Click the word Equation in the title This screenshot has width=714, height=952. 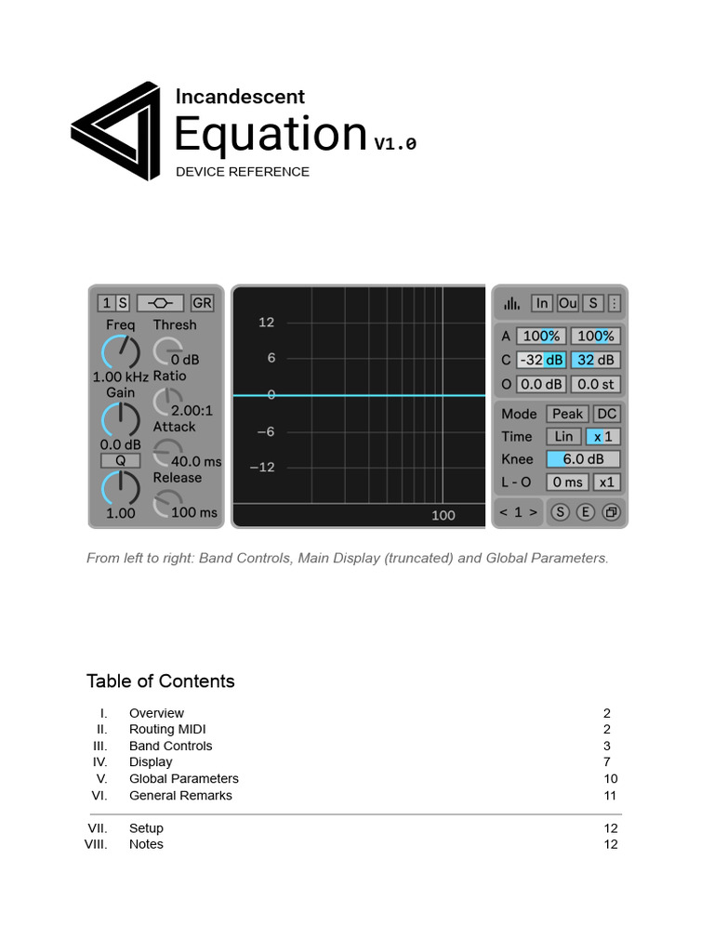pyautogui.click(x=271, y=134)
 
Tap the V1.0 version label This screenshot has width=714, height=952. pyautogui.click(x=395, y=143)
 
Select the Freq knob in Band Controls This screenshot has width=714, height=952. pyautogui.click(x=120, y=352)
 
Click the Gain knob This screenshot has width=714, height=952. pyautogui.click(x=120, y=419)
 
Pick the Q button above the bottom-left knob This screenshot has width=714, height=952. pyautogui.click(x=120, y=460)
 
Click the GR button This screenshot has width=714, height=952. pyautogui.click(x=202, y=303)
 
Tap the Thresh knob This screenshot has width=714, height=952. pyautogui.click(x=167, y=350)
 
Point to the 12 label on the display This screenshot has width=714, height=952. pyautogui.click(x=267, y=323)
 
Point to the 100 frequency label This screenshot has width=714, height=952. pyautogui.click(x=443, y=515)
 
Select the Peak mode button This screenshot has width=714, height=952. pyautogui.click(x=567, y=414)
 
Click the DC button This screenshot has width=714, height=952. pyautogui.click(x=606, y=414)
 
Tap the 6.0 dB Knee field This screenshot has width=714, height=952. pyautogui.click(x=583, y=459)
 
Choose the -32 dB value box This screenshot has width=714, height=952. pyautogui.click(x=541, y=360)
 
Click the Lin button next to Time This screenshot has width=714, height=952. pyautogui.click(x=563, y=436)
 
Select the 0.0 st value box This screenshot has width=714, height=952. pyautogui.click(x=595, y=384)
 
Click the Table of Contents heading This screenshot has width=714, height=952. pyautogui.click(x=161, y=681)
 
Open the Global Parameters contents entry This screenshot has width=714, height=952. pyautogui.click(x=184, y=779)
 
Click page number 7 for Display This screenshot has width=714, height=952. pyautogui.click(x=606, y=762)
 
